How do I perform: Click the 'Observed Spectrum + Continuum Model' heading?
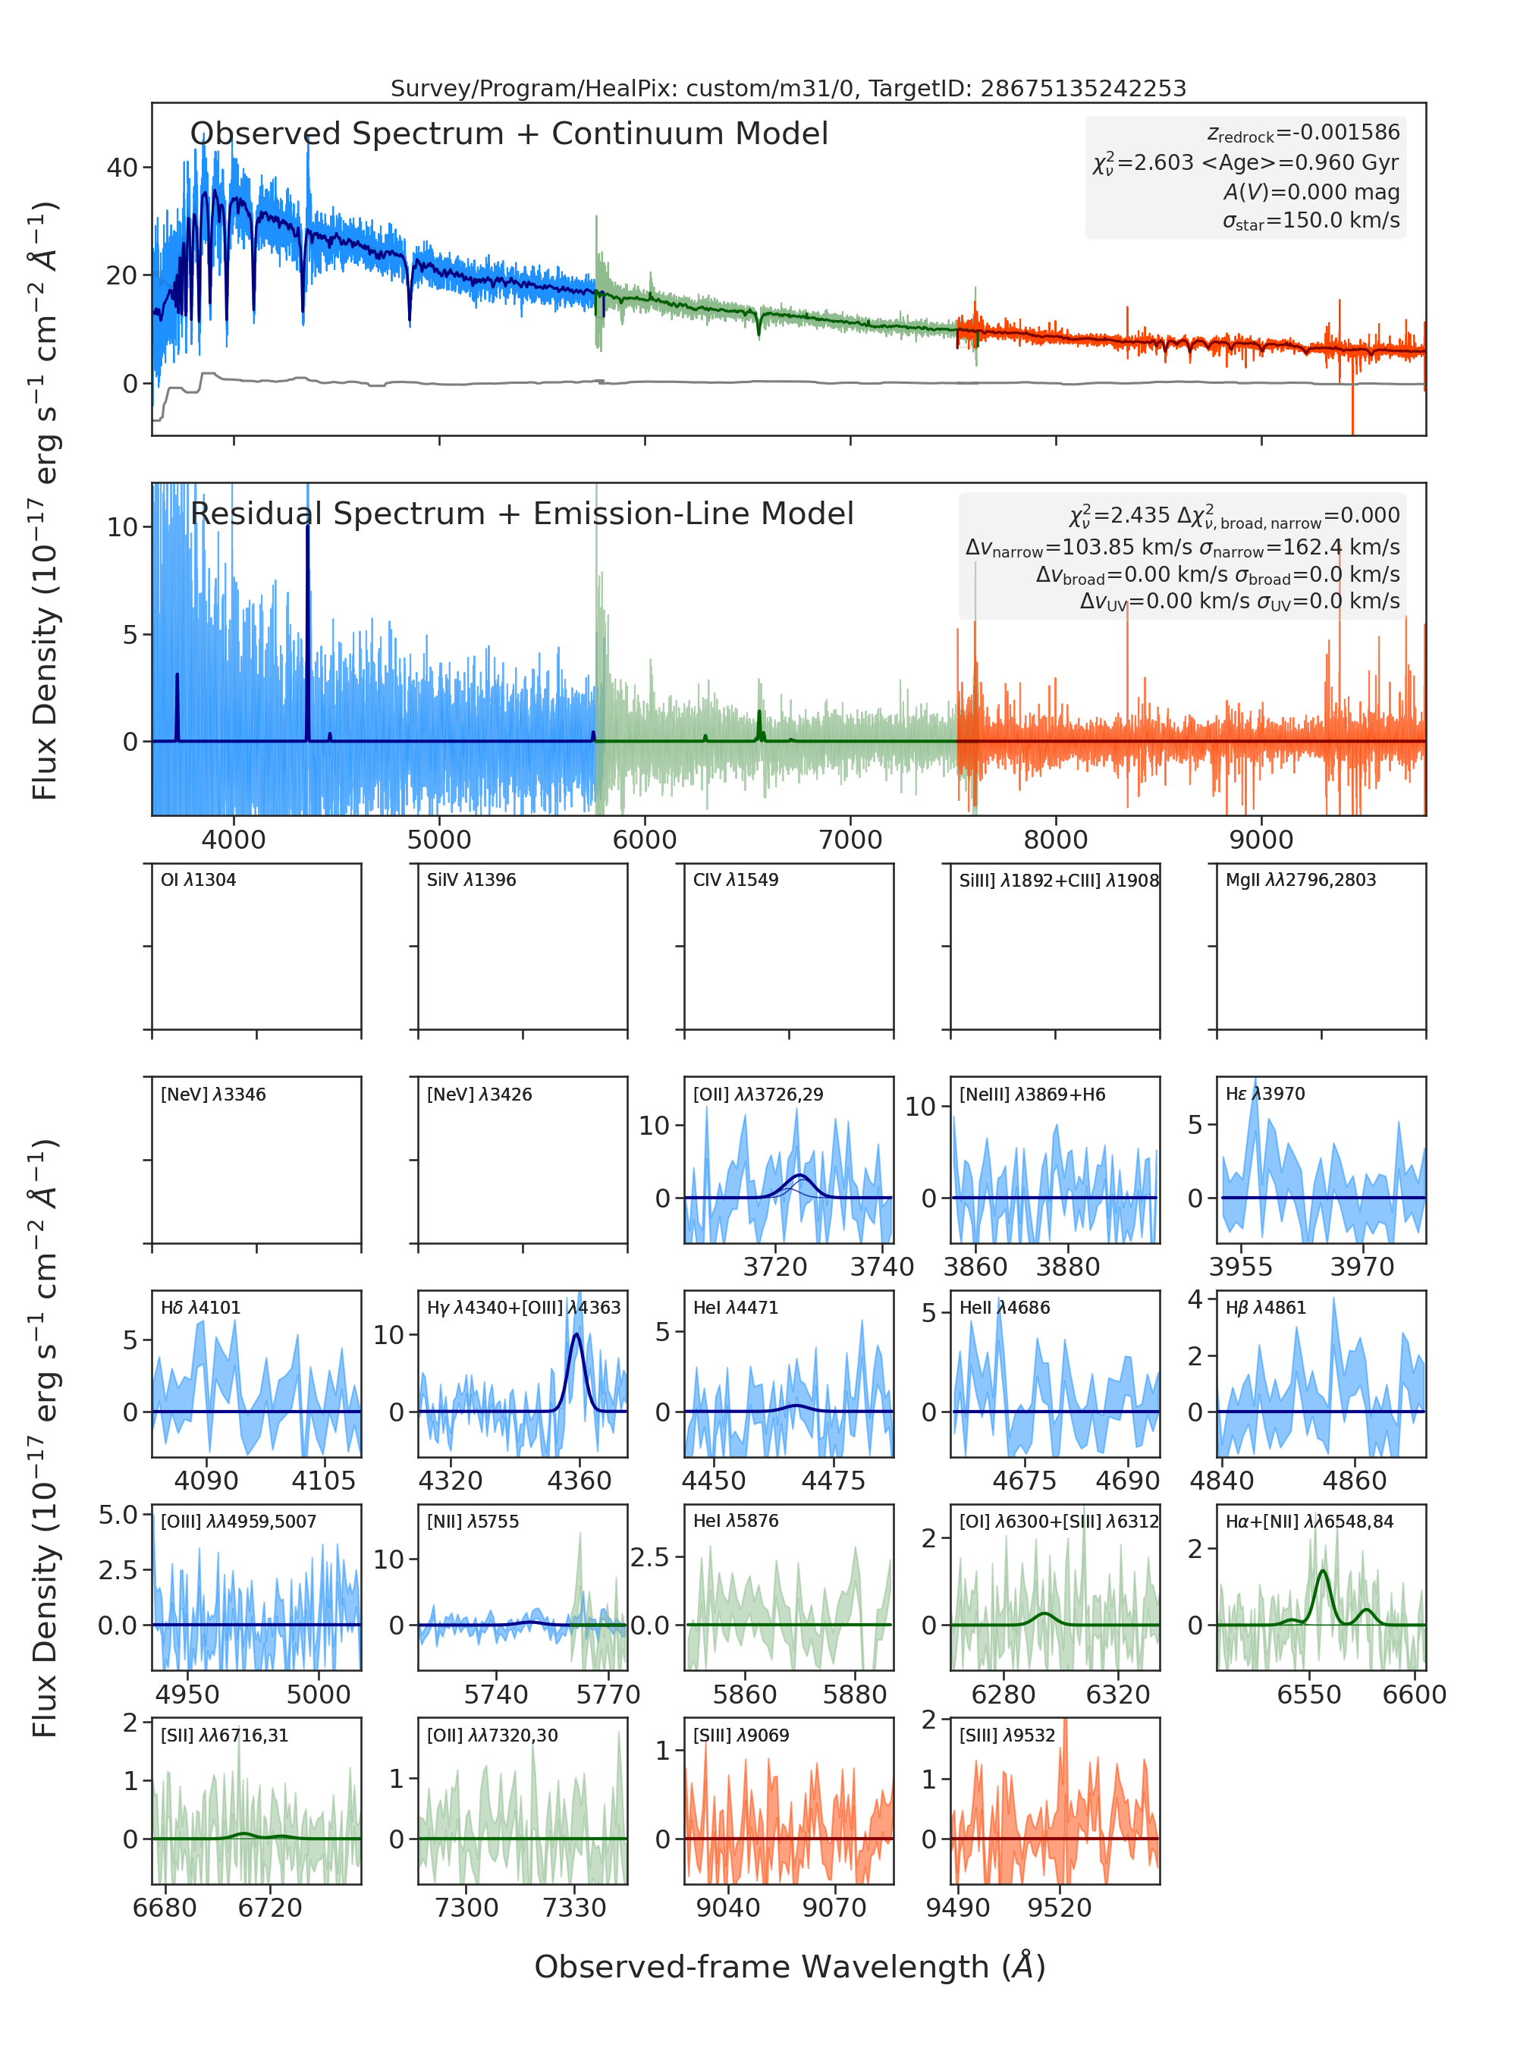(x=509, y=134)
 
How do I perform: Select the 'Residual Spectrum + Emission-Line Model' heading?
(x=522, y=514)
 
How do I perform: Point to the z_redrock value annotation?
(x=1303, y=133)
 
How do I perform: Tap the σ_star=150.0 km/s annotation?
(x=1311, y=221)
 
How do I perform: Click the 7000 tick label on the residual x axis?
(x=850, y=840)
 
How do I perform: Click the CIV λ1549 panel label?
(x=736, y=880)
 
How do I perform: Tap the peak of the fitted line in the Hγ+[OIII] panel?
(x=576, y=1334)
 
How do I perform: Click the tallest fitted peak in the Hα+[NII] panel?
(x=1322, y=1572)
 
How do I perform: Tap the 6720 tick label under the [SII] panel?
(x=270, y=1908)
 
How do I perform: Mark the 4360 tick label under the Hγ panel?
(x=579, y=1481)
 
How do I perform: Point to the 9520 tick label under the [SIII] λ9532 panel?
(x=1060, y=1908)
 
